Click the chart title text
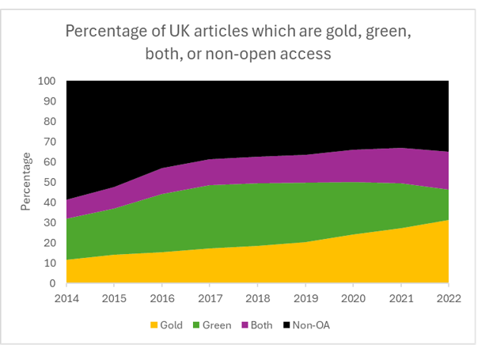pos(237,44)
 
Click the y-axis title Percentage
pos(28,183)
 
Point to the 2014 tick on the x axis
pos(66,298)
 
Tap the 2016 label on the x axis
pos(162,298)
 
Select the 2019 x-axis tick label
pos(305,298)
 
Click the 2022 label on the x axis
pos(448,298)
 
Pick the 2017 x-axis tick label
pos(210,298)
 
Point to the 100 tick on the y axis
pos(47,81)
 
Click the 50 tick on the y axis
pos(49,183)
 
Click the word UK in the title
pos(172,32)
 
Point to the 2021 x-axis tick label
pos(400,298)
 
